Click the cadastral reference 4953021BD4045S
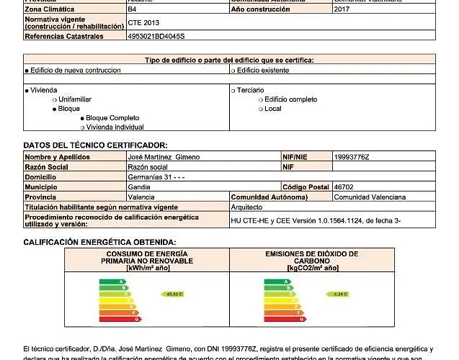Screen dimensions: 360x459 pos(156,35)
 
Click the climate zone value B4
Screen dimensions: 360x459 pos(133,9)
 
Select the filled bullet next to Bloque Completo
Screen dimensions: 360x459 pos(82,117)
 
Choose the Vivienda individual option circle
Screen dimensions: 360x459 pos(82,127)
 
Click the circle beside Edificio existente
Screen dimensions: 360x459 pos(233,71)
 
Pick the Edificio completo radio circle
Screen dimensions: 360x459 pos(260,99)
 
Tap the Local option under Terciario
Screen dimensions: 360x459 pos(260,109)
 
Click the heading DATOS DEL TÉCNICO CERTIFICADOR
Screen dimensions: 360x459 pos(95,145)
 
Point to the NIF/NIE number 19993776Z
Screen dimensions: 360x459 pos(352,156)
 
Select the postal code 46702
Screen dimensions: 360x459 pos(344,186)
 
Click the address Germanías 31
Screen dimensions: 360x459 pos(155,176)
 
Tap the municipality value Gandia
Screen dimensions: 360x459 pos(138,186)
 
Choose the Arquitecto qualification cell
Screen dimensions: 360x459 pos(246,207)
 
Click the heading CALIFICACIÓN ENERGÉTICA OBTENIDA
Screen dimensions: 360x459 pos(99,242)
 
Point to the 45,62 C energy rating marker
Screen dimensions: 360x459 pos(174,294)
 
